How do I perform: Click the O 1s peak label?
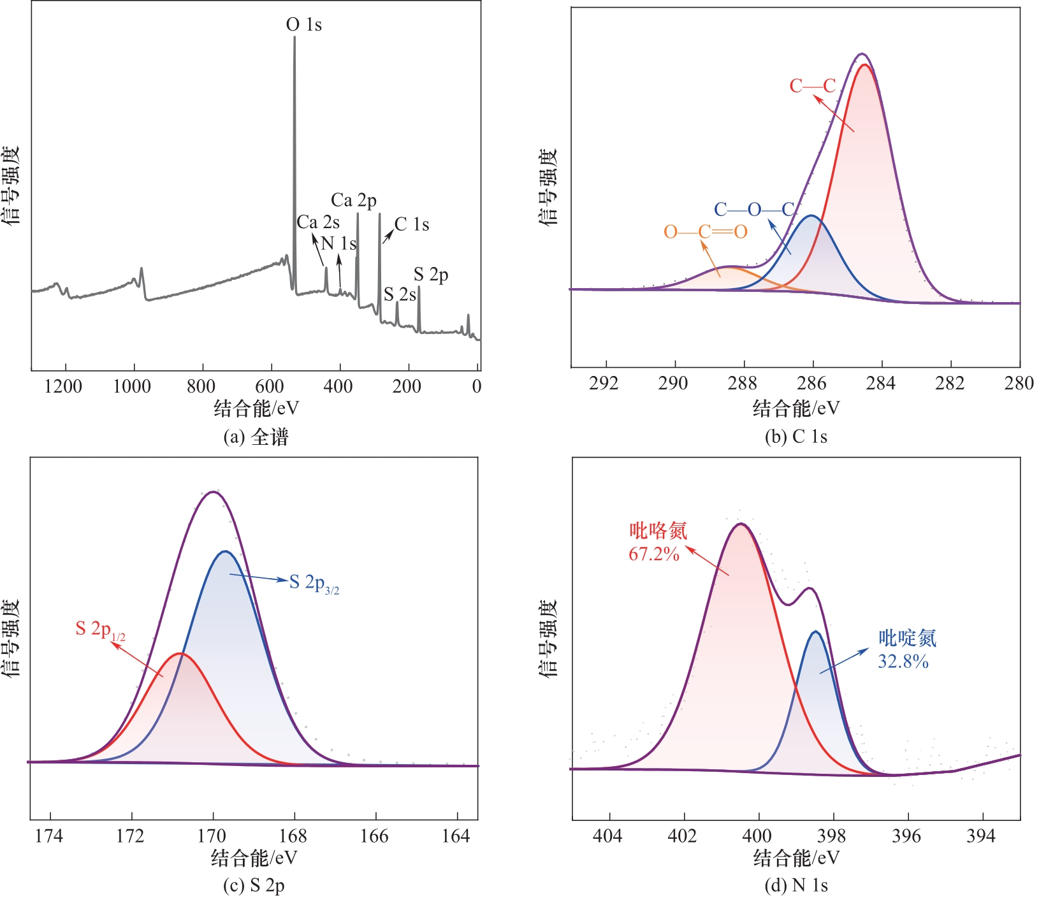tap(303, 25)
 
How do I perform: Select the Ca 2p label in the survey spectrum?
tap(354, 201)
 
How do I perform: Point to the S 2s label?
tap(400, 294)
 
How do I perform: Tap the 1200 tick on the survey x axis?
tap(63, 386)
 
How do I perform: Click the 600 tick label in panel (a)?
tap(270, 386)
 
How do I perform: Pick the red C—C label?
tap(812, 86)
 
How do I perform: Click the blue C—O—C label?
tap(754, 210)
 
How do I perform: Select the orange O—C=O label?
tap(705, 231)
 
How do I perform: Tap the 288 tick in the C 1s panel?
tap(743, 383)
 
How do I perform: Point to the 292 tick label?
tap(604, 383)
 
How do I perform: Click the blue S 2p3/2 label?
tap(314, 583)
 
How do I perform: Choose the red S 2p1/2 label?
tap(100, 630)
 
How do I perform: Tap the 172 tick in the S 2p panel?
tap(131, 836)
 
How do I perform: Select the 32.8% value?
tap(903, 662)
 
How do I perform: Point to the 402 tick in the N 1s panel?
tap(683, 836)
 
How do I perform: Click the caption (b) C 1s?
tap(796, 437)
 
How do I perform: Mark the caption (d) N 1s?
tap(796, 886)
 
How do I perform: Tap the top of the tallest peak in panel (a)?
tap(294, 37)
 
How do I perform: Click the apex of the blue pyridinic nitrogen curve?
tap(815, 632)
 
